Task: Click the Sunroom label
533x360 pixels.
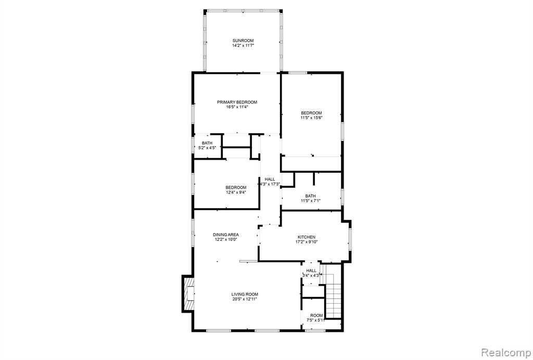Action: tap(243, 41)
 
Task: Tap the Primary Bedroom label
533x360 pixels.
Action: tap(237, 102)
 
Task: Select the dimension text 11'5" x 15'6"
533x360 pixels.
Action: tap(311, 118)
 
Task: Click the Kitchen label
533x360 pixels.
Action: tap(306, 237)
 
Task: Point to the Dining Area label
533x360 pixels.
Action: tap(226, 234)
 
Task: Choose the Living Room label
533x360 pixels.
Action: tap(245, 294)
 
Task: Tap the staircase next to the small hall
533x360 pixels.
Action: tap(333, 291)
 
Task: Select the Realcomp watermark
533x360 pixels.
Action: tap(506, 352)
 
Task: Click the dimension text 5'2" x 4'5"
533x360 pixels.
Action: tap(207, 148)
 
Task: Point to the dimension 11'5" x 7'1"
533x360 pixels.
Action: tap(310, 201)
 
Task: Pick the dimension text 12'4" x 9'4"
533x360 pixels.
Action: tap(236, 192)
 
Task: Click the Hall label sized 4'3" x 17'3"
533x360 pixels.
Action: tap(270, 179)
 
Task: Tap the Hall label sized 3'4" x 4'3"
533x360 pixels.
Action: tap(311, 271)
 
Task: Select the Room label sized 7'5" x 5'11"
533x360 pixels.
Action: tap(316, 315)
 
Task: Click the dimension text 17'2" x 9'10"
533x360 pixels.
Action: tap(306, 242)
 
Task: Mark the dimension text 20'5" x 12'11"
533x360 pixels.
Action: tap(245, 299)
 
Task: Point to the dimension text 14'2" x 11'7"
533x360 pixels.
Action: tap(243, 45)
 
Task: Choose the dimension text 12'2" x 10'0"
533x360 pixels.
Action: tap(226, 239)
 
